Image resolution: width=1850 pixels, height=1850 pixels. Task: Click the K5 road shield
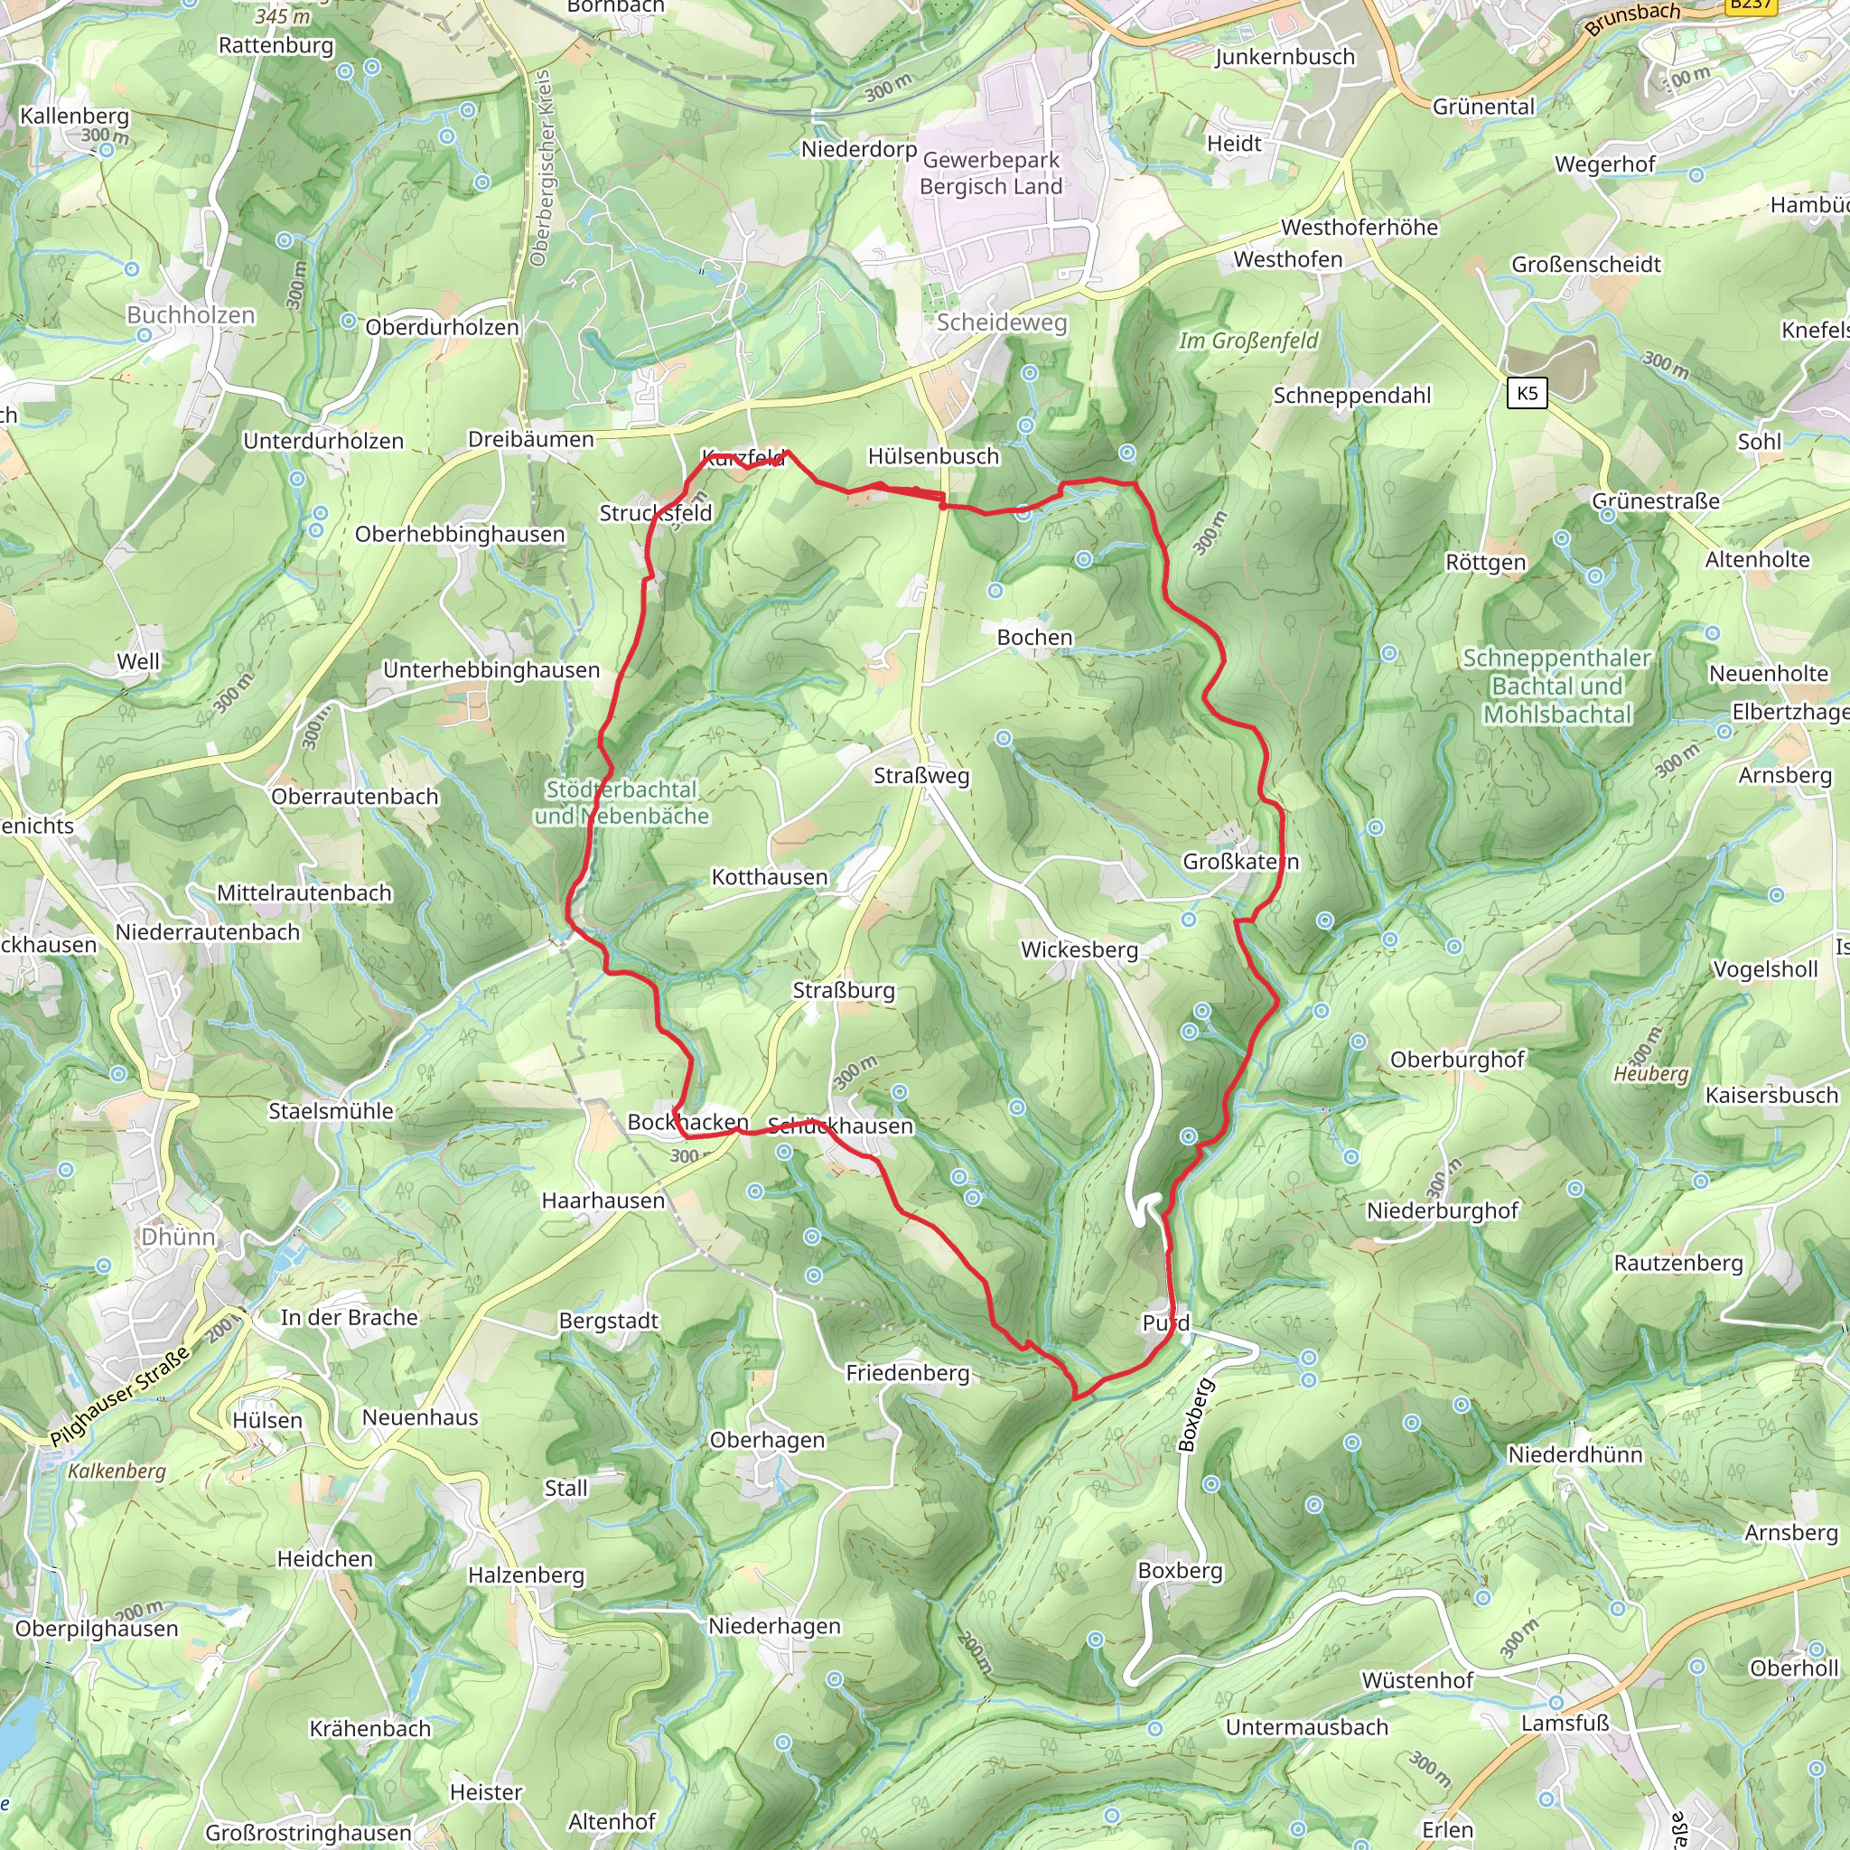point(1527,393)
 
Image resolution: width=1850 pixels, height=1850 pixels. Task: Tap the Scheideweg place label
point(1001,322)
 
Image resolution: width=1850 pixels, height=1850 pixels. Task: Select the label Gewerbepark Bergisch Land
point(990,173)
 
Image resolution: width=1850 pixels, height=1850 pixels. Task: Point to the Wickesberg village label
point(1079,950)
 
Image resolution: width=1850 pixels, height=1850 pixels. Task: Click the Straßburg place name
point(844,990)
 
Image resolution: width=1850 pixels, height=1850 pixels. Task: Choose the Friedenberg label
point(908,1373)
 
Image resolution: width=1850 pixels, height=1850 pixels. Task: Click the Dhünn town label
point(178,1237)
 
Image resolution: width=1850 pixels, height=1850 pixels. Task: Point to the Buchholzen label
point(191,315)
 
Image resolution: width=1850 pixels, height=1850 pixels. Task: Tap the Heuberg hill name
point(1651,1073)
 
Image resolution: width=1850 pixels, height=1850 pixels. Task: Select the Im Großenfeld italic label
point(1247,341)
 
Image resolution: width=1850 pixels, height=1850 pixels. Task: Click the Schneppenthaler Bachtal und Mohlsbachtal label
point(1556,686)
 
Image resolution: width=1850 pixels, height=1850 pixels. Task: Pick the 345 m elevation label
point(283,16)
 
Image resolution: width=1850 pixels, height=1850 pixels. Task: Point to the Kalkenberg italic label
point(117,1471)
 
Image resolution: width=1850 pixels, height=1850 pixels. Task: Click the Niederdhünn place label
point(1575,1454)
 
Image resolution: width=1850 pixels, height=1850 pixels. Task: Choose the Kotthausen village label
point(769,877)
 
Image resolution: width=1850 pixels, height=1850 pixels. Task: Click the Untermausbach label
point(1306,1727)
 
